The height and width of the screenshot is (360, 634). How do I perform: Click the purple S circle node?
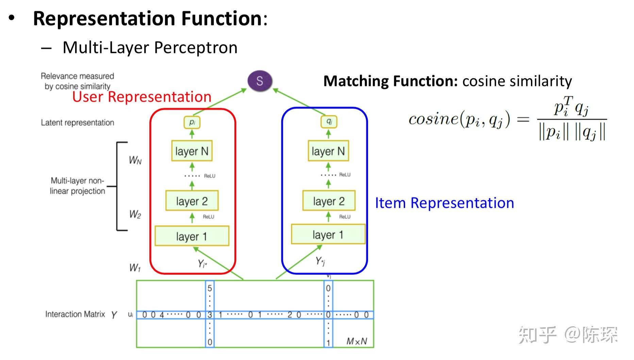click(x=260, y=81)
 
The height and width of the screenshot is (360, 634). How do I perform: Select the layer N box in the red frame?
click(x=192, y=151)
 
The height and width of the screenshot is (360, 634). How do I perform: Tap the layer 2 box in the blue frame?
click(x=329, y=201)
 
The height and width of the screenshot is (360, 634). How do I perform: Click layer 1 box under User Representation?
click(x=192, y=236)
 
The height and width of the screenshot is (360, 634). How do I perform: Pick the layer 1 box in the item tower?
click(x=328, y=234)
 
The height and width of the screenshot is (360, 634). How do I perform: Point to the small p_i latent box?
click(x=192, y=122)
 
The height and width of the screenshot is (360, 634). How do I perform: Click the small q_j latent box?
click(x=329, y=121)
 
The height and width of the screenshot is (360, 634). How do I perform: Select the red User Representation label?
click(x=142, y=97)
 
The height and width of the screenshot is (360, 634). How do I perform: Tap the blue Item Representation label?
click(x=444, y=203)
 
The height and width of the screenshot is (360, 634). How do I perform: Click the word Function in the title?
click(x=221, y=18)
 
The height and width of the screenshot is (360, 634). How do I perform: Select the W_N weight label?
click(x=135, y=160)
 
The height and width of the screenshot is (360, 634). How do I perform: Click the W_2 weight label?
click(x=135, y=214)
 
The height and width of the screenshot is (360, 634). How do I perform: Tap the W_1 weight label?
click(x=135, y=268)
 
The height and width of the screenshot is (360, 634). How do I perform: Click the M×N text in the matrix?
click(x=356, y=341)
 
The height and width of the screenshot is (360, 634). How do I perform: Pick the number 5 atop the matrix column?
click(x=210, y=288)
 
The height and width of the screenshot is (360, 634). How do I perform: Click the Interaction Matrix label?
click(x=75, y=314)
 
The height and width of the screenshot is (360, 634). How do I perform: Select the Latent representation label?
click(x=78, y=122)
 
